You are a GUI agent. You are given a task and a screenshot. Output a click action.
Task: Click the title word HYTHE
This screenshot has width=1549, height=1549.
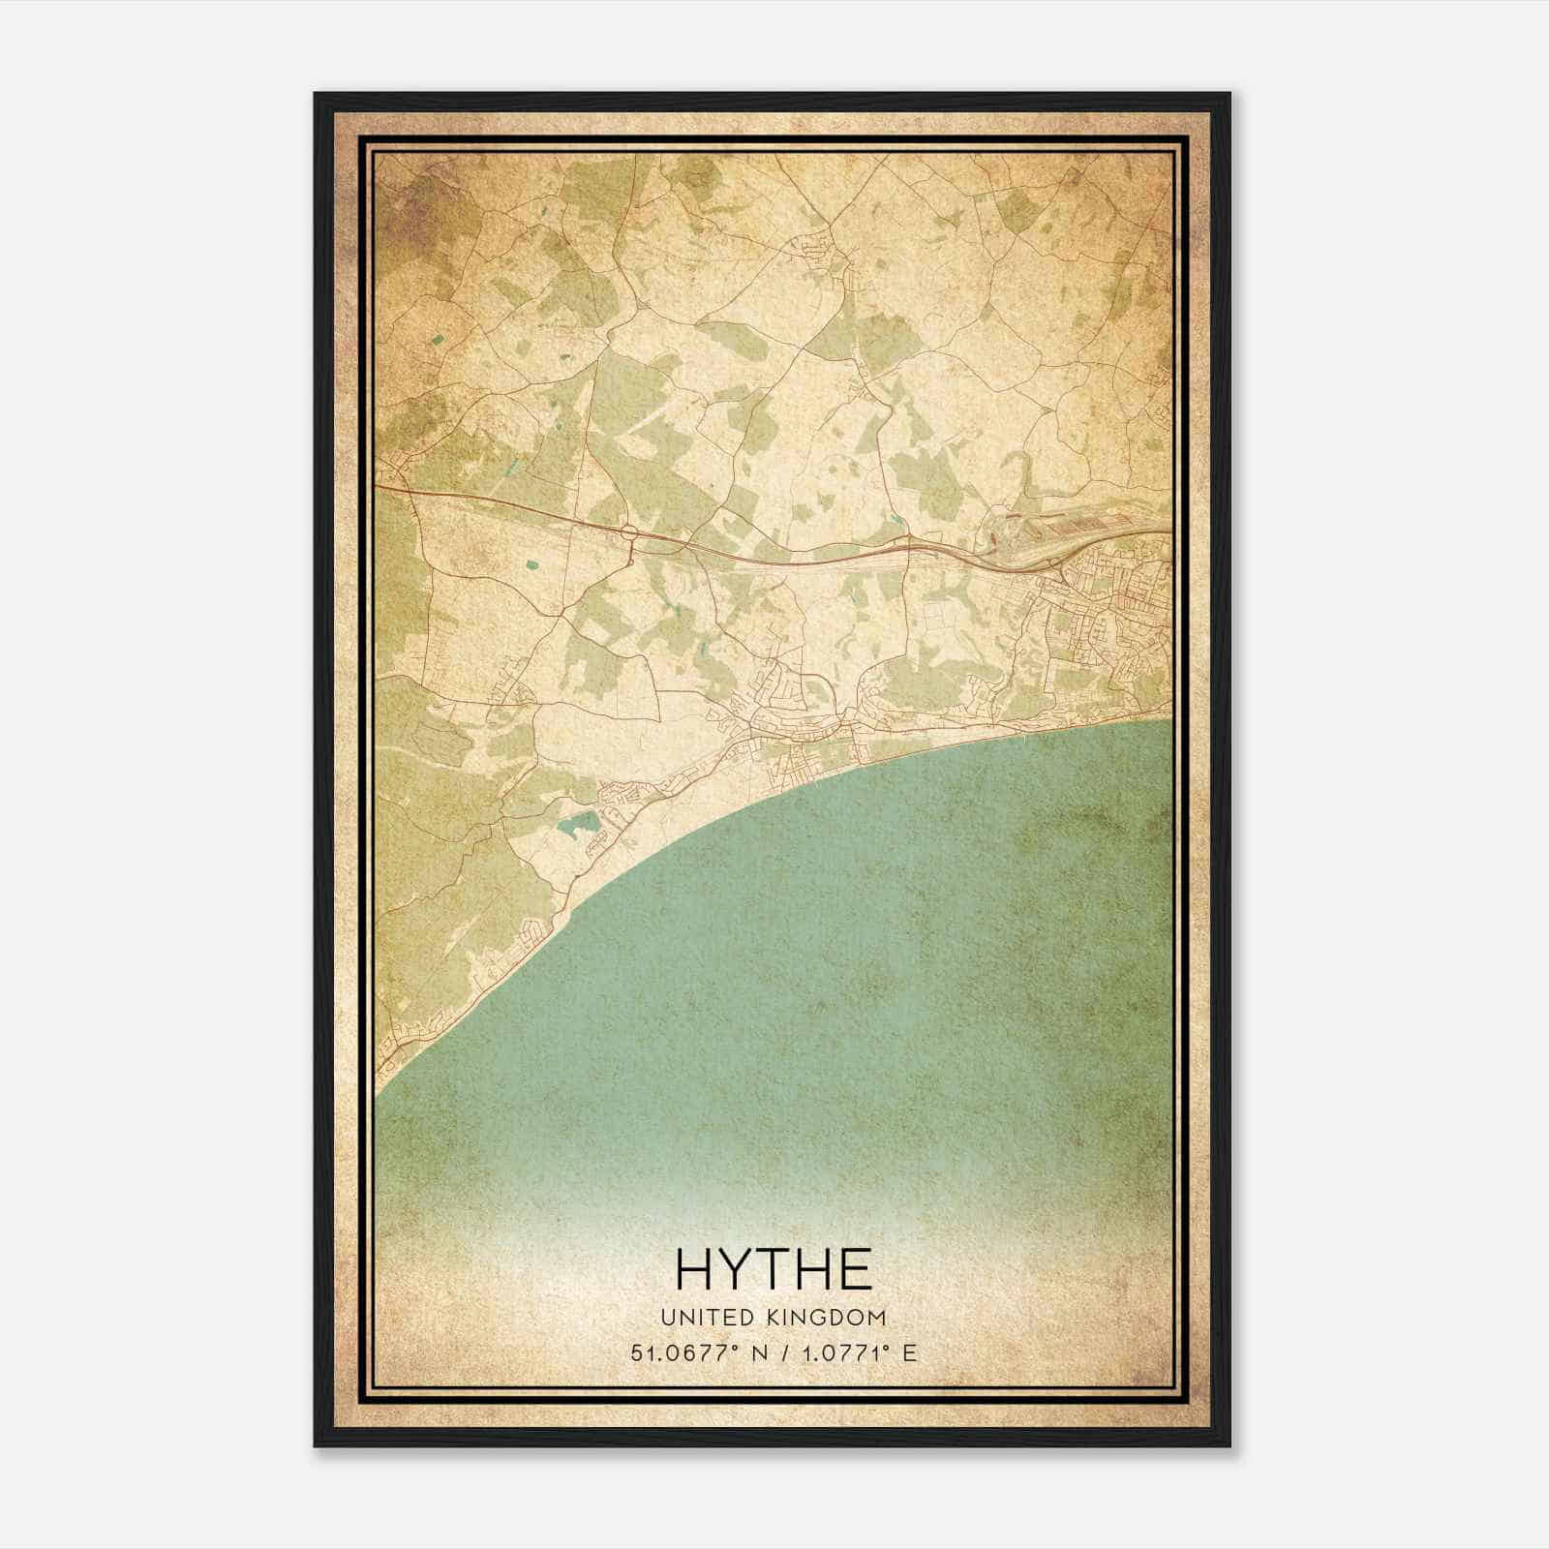tap(774, 1269)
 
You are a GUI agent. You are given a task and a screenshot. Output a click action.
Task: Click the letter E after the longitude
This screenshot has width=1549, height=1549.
tap(908, 1352)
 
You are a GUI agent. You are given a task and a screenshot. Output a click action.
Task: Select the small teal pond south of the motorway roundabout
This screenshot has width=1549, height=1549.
tap(530, 563)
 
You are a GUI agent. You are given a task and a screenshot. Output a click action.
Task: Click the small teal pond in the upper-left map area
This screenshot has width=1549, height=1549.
tap(440, 340)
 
